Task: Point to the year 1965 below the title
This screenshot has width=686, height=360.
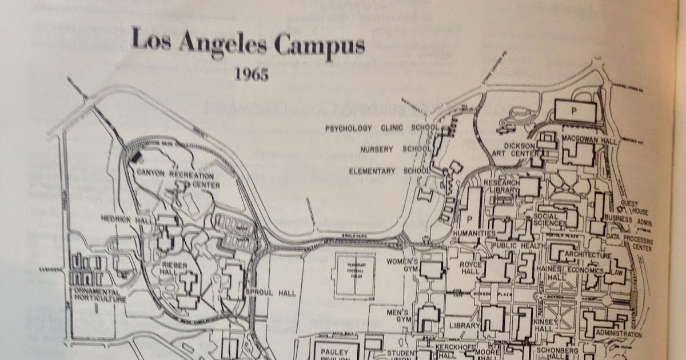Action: [x=251, y=74]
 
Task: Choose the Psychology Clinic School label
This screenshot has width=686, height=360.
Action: [x=382, y=128]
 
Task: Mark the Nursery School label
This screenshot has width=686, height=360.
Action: [x=394, y=149]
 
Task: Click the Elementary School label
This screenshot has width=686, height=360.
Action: [x=389, y=171]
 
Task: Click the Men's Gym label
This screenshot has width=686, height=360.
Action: [x=398, y=317]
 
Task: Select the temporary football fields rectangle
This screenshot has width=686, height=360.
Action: [x=355, y=276]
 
